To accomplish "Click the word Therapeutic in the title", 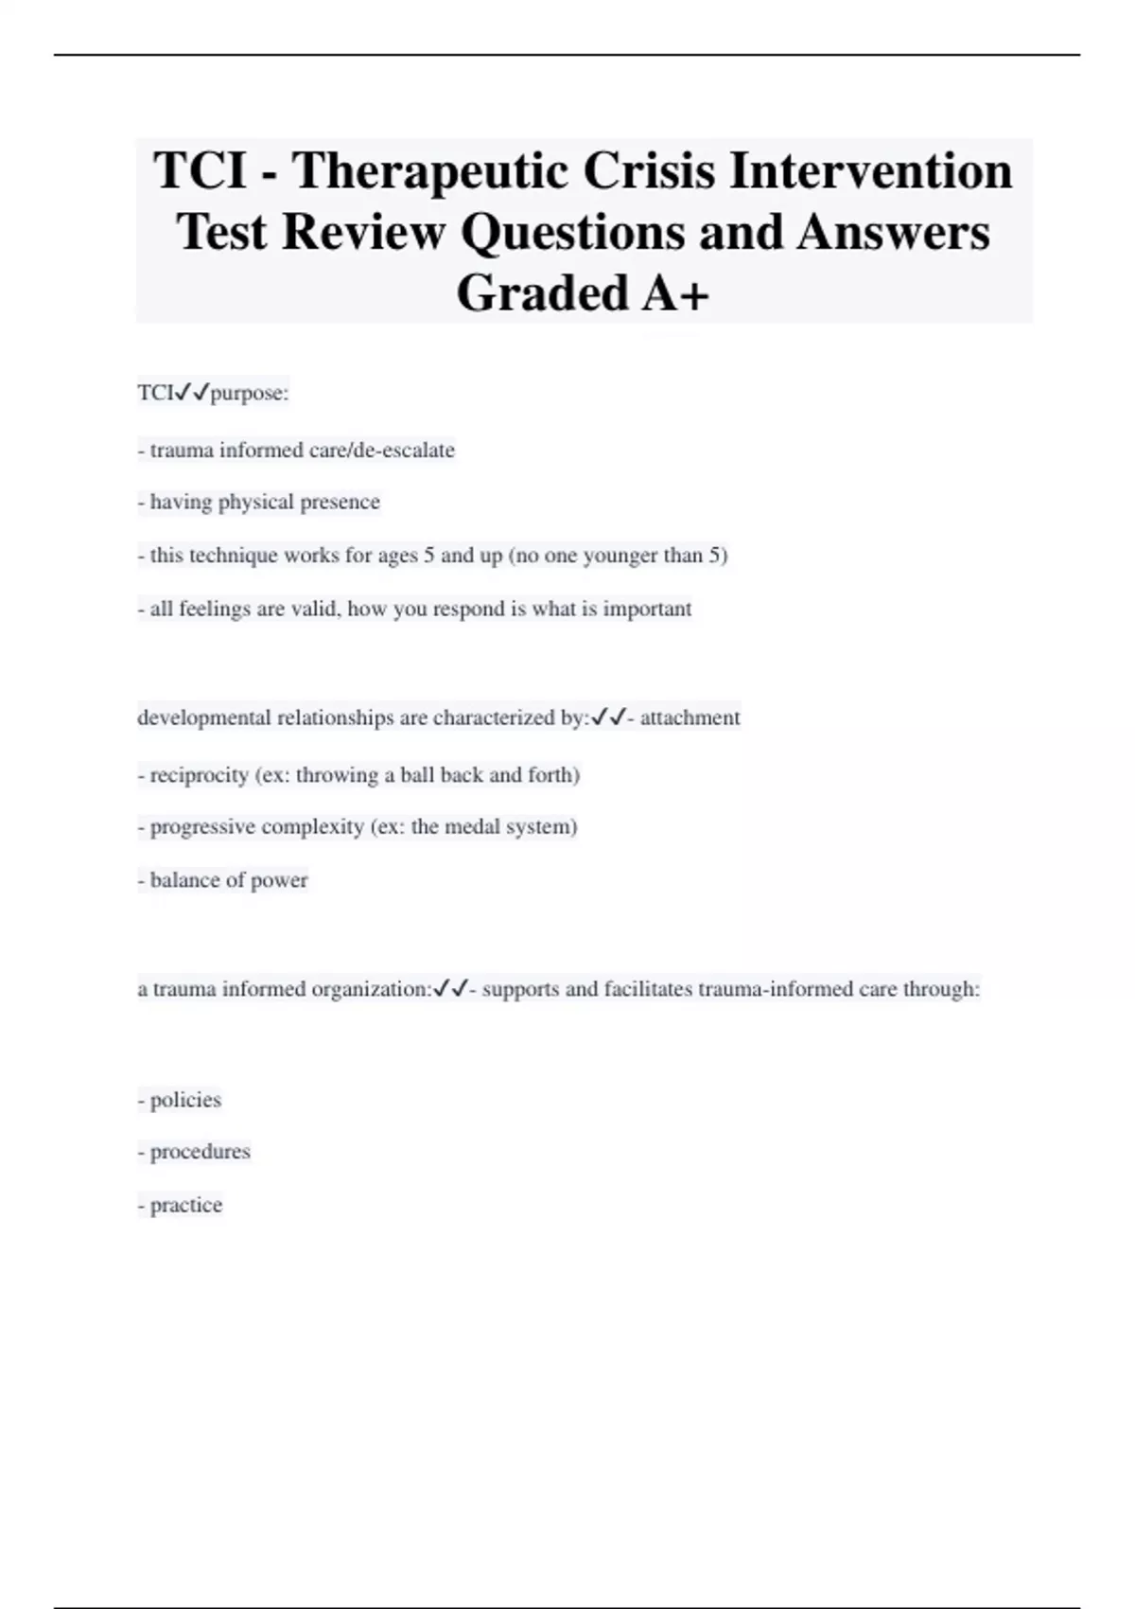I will tap(428, 171).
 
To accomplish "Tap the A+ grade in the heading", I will tap(675, 292).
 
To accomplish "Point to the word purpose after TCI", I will tap(249, 393).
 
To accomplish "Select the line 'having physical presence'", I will tap(258, 502).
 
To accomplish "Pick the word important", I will tap(647, 609).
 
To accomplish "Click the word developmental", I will tap(203, 717).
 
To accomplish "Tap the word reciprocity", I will tap(199, 775).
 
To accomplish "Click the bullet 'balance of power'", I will tap(223, 880).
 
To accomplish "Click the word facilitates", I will tap(648, 989).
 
